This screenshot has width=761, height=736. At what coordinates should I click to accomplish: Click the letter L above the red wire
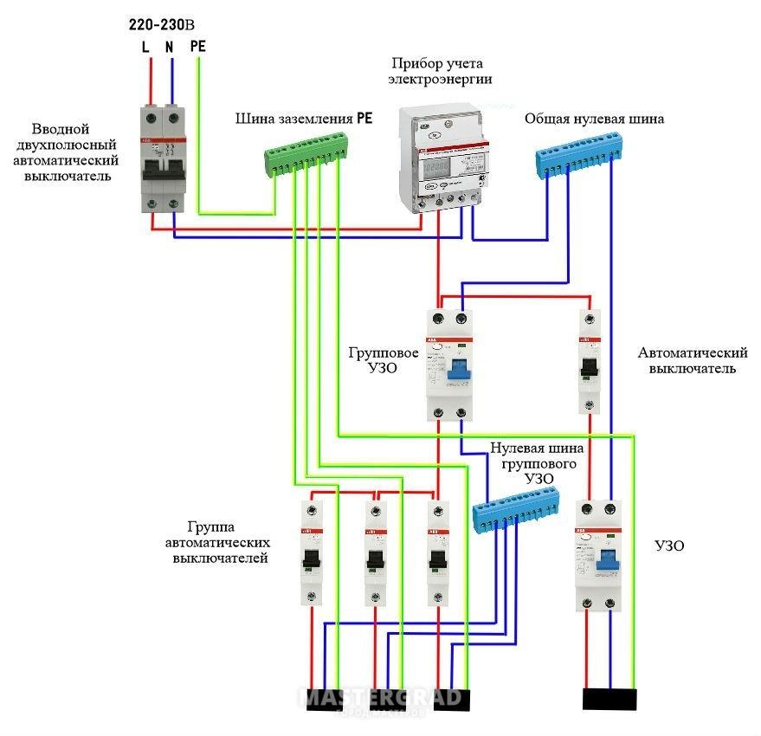tap(145, 47)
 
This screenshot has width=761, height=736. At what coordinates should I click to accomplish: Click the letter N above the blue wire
tap(171, 47)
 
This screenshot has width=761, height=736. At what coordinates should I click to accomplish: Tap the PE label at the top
tap(197, 45)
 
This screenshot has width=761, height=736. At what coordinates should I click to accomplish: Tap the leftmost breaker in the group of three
tap(312, 552)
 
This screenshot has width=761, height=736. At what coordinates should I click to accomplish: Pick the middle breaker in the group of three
tap(375, 552)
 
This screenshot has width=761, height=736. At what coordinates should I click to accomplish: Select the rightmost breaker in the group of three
tap(438, 552)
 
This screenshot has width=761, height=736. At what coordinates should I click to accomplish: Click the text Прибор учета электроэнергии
tap(440, 71)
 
